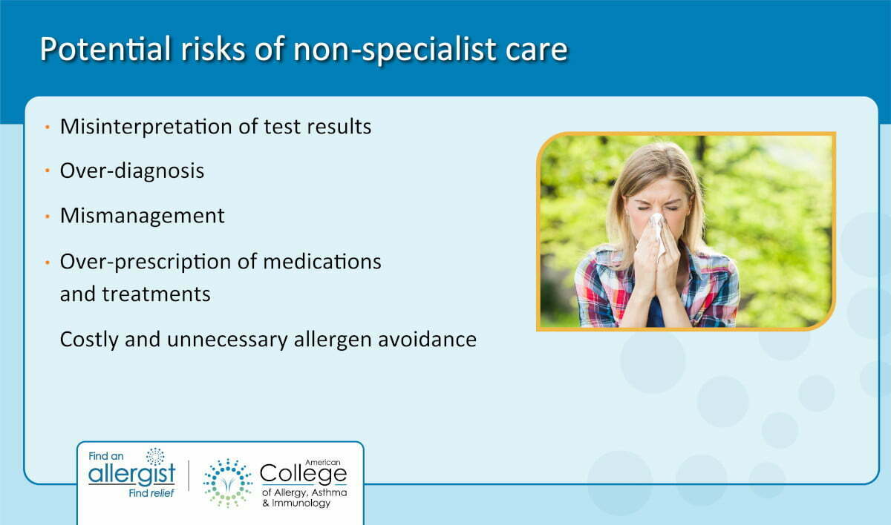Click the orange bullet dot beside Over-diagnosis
click(48, 171)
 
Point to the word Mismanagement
click(142, 216)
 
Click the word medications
click(322, 262)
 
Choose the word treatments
click(157, 294)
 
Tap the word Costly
click(89, 340)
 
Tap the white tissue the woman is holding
click(656, 232)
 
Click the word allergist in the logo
click(131, 474)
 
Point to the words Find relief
click(151, 493)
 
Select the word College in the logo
click(303, 474)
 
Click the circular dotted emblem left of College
click(228, 483)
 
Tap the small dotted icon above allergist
click(155, 456)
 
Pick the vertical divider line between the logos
click(189, 475)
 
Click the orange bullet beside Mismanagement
click(48, 217)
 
